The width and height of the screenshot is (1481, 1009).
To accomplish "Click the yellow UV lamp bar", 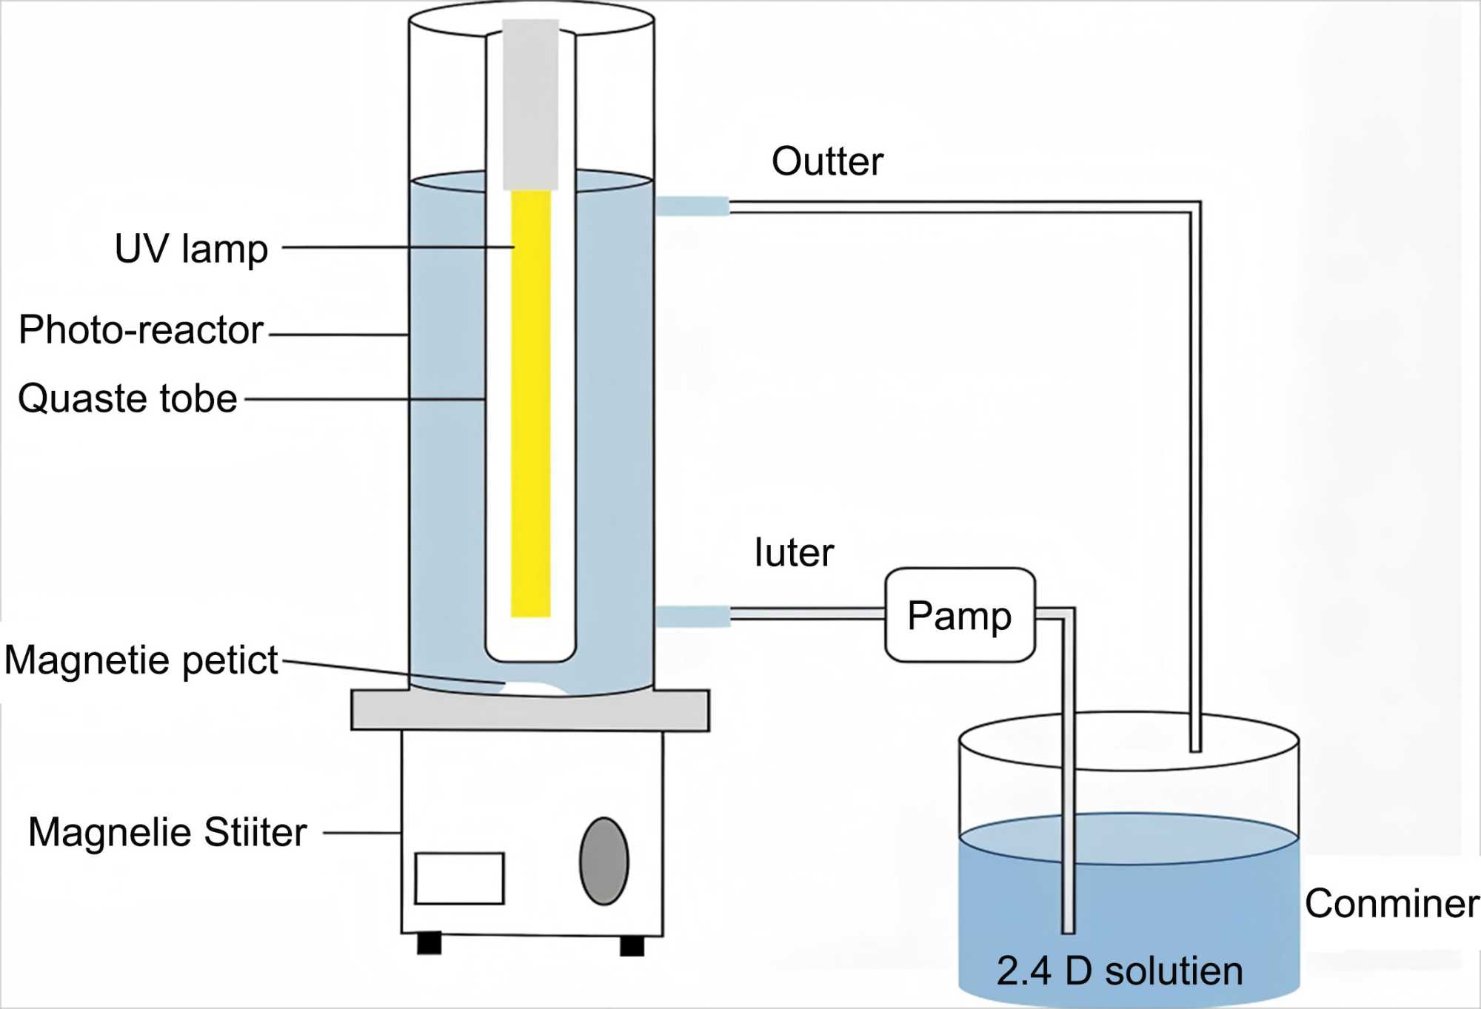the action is pyautogui.click(x=531, y=403).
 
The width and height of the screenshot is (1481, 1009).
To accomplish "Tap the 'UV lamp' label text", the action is pyautogui.click(x=191, y=249).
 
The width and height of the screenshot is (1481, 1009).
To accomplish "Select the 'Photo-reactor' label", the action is pyautogui.click(x=141, y=329).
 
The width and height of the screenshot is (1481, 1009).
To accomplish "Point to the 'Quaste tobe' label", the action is pyautogui.click(x=127, y=398).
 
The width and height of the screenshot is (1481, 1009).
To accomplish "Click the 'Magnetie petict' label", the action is pyautogui.click(x=141, y=660).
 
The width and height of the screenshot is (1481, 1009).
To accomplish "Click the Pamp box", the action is pyautogui.click(x=960, y=615).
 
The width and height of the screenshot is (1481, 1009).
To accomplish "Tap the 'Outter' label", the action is pyautogui.click(x=828, y=161).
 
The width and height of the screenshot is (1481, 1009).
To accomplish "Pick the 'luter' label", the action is pyautogui.click(x=794, y=552).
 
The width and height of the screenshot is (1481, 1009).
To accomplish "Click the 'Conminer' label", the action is pyautogui.click(x=1392, y=904).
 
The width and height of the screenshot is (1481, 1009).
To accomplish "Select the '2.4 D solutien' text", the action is pyautogui.click(x=1120, y=971).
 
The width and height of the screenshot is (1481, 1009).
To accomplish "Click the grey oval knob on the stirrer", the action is pyautogui.click(x=604, y=861).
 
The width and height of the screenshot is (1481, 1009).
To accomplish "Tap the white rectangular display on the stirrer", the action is pyautogui.click(x=459, y=879).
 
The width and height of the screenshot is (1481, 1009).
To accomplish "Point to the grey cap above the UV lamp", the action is pyautogui.click(x=530, y=104).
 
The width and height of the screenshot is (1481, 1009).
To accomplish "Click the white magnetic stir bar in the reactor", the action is pyautogui.click(x=533, y=688).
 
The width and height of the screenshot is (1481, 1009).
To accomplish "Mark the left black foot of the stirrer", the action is pyautogui.click(x=429, y=943).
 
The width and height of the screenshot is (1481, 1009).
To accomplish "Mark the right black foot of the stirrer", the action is pyautogui.click(x=632, y=946).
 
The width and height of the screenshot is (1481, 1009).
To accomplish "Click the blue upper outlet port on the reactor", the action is pyautogui.click(x=692, y=206).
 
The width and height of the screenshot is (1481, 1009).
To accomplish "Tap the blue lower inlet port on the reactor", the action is pyautogui.click(x=693, y=616).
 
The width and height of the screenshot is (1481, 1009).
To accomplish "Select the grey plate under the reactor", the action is pyautogui.click(x=530, y=710).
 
